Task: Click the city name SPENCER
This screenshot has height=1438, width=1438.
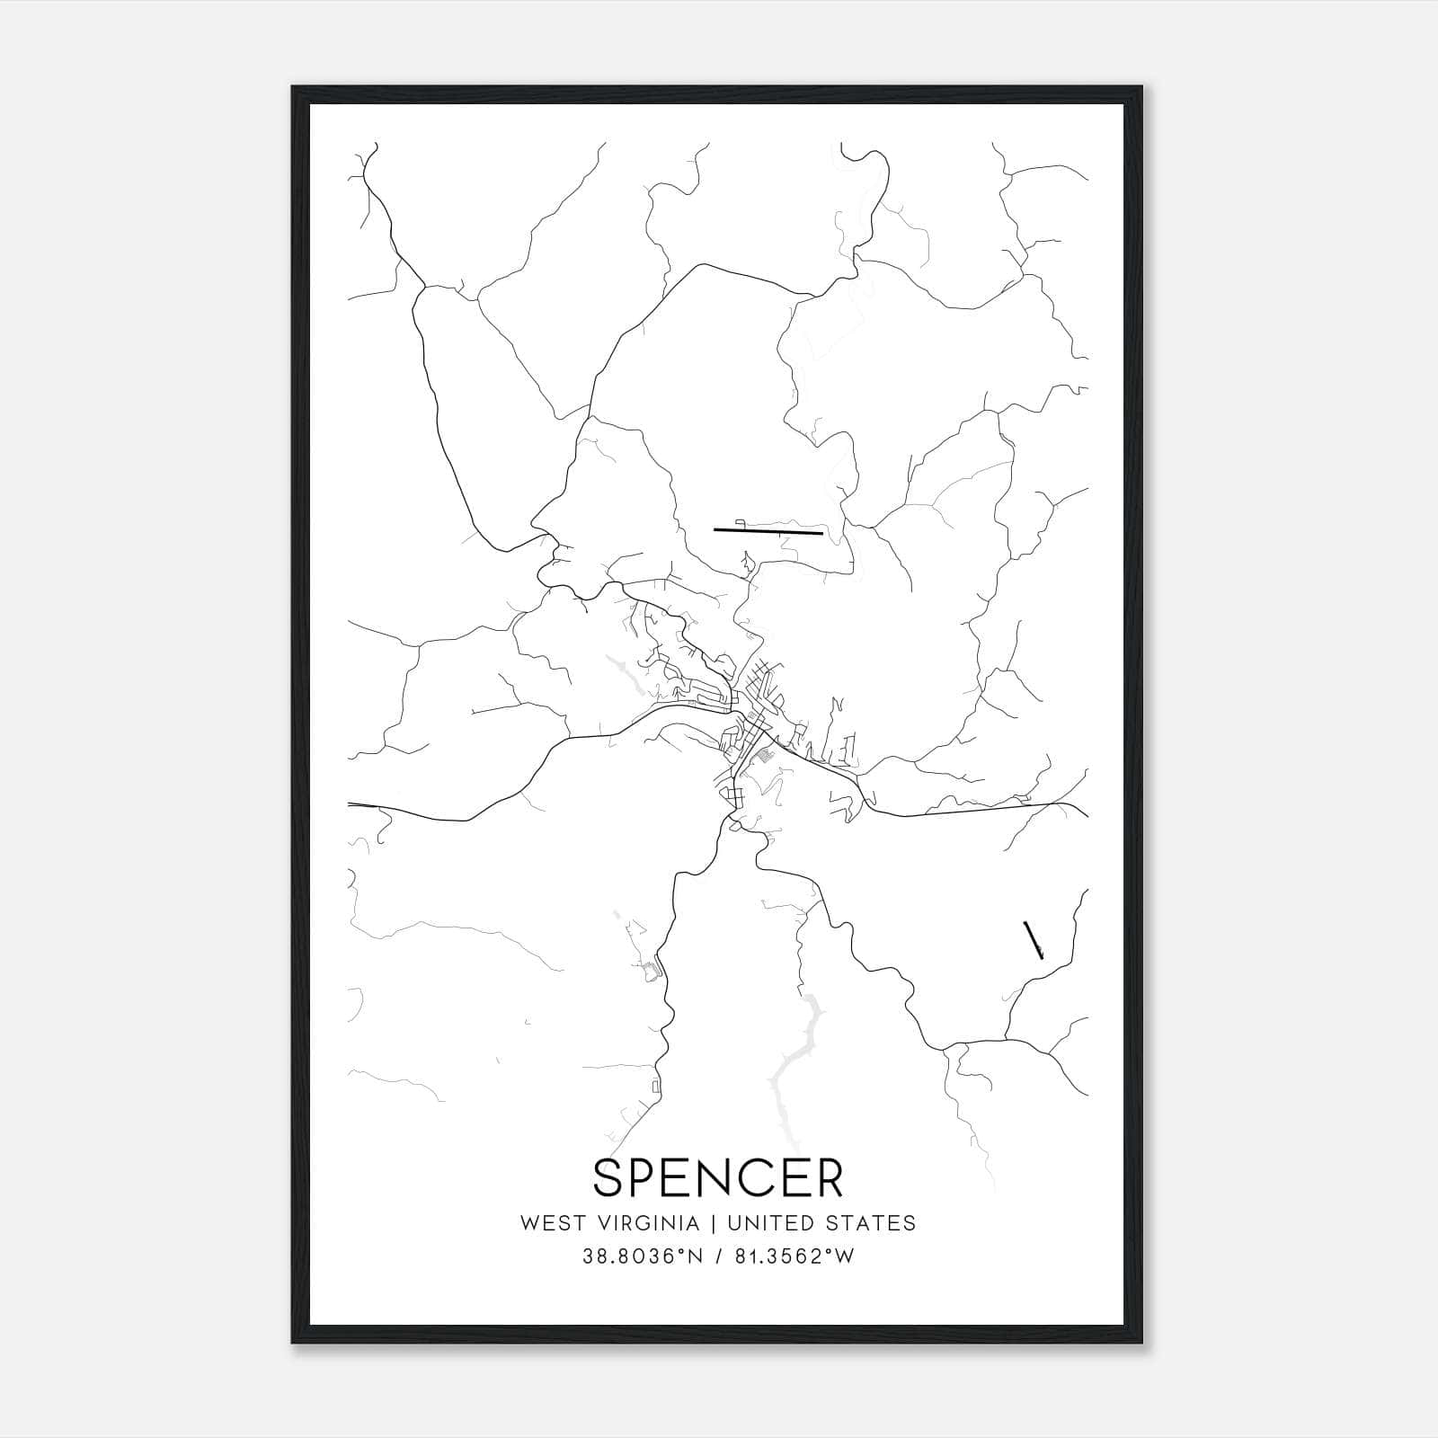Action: tap(718, 1177)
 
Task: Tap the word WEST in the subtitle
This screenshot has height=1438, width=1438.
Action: tap(548, 1223)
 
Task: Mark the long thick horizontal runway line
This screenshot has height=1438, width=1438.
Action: tap(768, 532)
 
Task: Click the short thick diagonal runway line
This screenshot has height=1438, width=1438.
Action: tap(1033, 940)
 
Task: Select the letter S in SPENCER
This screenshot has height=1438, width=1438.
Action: tap(610, 1177)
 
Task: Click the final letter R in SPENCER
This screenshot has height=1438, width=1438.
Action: tap(828, 1177)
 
